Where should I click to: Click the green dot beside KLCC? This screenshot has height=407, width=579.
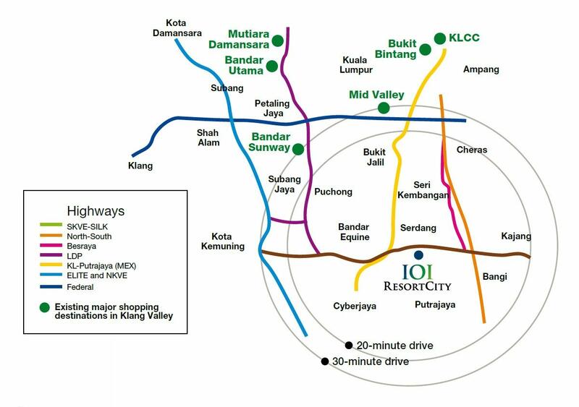(x=440, y=38)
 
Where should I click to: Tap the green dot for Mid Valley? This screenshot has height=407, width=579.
(x=384, y=108)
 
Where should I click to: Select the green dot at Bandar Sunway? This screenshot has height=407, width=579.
(x=298, y=149)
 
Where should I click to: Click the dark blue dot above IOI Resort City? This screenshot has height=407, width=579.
(x=418, y=255)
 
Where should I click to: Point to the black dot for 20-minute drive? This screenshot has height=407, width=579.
(x=349, y=346)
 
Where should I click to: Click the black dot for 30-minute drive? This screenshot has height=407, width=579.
(x=324, y=361)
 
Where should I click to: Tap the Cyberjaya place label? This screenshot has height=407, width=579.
(x=355, y=306)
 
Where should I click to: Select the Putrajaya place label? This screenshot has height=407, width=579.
(x=435, y=305)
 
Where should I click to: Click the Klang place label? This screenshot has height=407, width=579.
(x=140, y=166)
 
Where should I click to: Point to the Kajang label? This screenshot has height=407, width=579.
(x=516, y=236)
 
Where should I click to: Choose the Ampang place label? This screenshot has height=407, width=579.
(x=481, y=69)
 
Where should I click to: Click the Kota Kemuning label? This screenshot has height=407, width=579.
(x=223, y=241)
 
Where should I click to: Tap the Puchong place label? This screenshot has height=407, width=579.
(x=333, y=192)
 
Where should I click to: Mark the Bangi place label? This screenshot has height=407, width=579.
(x=494, y=277)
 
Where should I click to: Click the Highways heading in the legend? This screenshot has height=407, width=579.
(x=96, y=211)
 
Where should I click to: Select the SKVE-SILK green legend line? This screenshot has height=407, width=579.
(x=51, y=225)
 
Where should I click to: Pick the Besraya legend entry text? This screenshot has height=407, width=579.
(x=81, y=246)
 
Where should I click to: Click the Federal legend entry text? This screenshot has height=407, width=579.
(x=80, y=287)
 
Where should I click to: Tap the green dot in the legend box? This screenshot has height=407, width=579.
(x=45, y=307)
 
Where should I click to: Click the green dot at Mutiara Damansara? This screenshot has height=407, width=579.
(x=278, y=40)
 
